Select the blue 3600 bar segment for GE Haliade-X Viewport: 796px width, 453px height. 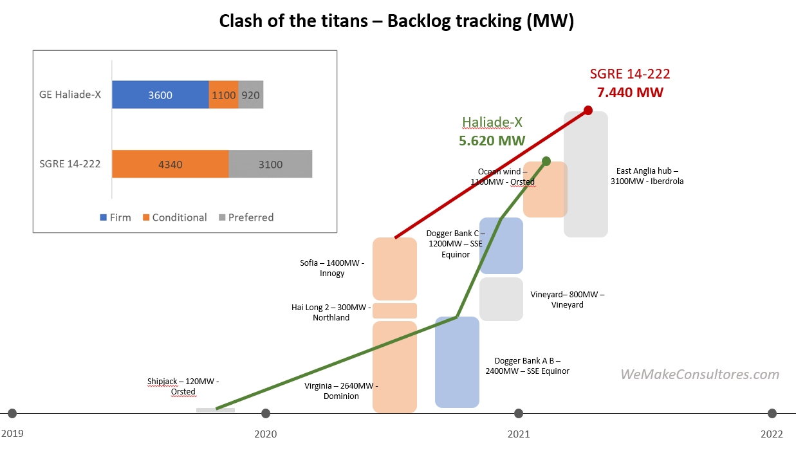[160, 95]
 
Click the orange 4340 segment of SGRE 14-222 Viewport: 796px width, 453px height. [170, 164]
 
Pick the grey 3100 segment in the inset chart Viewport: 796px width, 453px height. [270, 164]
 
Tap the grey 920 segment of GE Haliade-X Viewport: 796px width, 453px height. [251, 95]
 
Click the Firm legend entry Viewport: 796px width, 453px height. [116, 217]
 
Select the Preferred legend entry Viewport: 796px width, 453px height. [246, 217]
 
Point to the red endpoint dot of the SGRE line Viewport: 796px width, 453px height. [588, 111]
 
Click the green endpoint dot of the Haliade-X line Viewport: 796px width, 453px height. [546, 160]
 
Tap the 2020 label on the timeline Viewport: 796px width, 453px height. [266, 434]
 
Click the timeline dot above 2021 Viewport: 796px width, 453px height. [519, 413]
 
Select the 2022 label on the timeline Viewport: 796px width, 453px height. [772, 434]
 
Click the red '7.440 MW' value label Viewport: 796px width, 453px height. [630, 92]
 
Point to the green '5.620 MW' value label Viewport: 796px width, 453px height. [492, 140]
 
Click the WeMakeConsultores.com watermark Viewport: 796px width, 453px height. [699, 374]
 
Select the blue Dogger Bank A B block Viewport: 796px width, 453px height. [457, 362]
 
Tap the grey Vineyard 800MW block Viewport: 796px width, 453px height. [501, 299]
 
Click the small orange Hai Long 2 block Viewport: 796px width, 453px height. [395, 311]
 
